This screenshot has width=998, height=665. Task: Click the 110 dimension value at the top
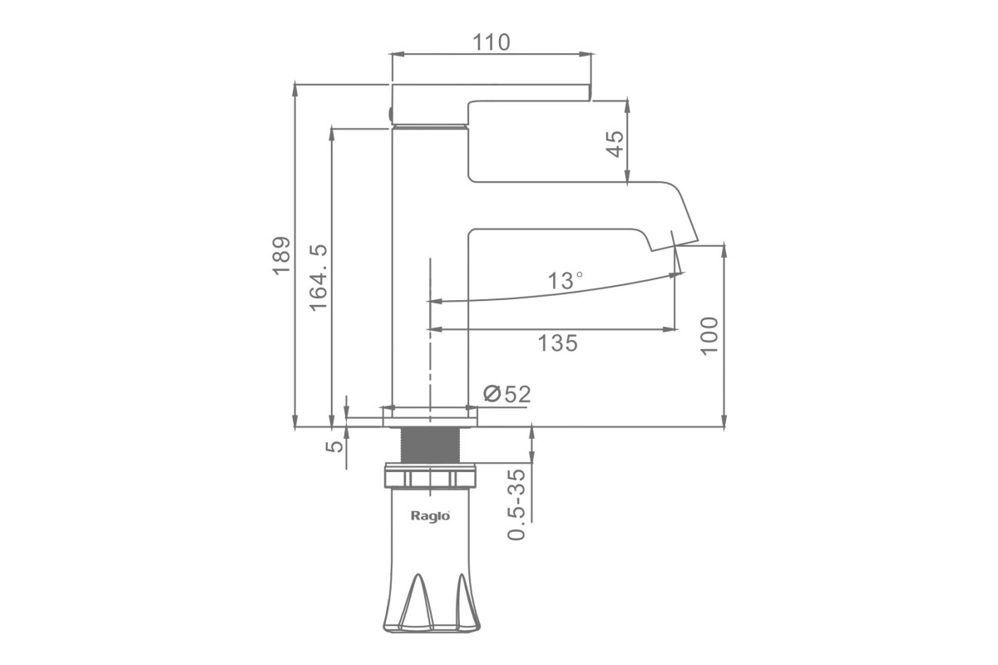pos(491,42)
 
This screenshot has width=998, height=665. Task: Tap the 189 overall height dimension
pos(282,256)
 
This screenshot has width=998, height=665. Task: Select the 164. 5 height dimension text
pos(319,278)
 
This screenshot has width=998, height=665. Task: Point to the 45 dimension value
pos(615,144)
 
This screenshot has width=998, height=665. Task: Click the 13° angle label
pos(565,281)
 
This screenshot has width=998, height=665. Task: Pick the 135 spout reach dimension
pos(557,343)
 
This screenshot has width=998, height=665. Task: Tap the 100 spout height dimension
pos(709,336)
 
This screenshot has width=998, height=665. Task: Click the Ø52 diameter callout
pos(507,394)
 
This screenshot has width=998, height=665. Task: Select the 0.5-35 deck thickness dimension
pos(516,505)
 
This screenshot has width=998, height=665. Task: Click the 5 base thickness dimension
pos(334,446)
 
